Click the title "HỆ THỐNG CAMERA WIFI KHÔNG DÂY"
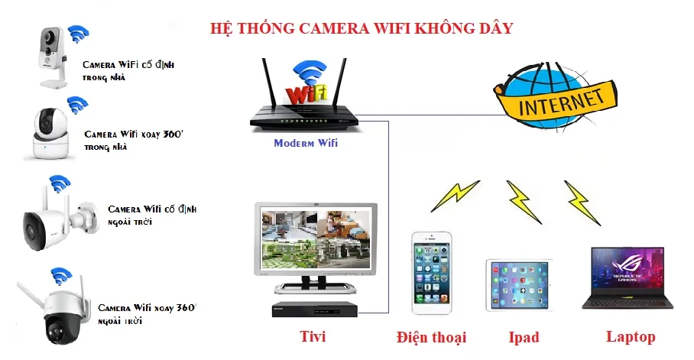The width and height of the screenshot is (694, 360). (362, 28)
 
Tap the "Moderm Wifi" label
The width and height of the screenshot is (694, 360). (305, 143)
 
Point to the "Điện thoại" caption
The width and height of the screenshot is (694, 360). (431, 337)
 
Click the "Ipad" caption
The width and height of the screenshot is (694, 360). (524, 337)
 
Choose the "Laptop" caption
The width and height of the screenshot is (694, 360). (631, 336)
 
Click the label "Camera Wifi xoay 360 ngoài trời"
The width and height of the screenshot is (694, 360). (145, 313)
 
